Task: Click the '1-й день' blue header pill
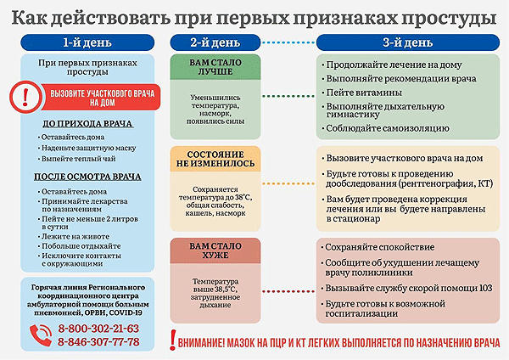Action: (87, 42)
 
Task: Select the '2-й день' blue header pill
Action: (215, 42)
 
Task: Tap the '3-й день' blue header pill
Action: (408, 42)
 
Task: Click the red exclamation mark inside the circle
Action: (25, 97)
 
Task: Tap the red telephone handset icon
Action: (41, 335)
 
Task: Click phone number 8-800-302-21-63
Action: (98, 329)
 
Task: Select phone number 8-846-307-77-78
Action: (98, 342)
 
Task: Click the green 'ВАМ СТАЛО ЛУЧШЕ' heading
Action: (215, 67)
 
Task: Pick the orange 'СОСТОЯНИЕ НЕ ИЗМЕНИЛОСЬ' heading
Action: (215, 159)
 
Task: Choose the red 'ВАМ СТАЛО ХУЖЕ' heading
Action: (215, 250)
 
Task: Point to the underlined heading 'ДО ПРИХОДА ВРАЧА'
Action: (87, 124)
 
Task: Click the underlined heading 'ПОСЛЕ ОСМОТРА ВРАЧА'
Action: (87, 177)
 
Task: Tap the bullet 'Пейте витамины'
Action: (361, 93)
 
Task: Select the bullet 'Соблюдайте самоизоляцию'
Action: (385, 128)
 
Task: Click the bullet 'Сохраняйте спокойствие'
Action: (378, 247)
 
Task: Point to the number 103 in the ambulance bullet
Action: (485, 288)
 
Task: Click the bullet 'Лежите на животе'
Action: (74, 237)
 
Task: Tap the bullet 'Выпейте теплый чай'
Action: (76, 159)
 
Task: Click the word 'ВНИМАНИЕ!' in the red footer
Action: (201, 343)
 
